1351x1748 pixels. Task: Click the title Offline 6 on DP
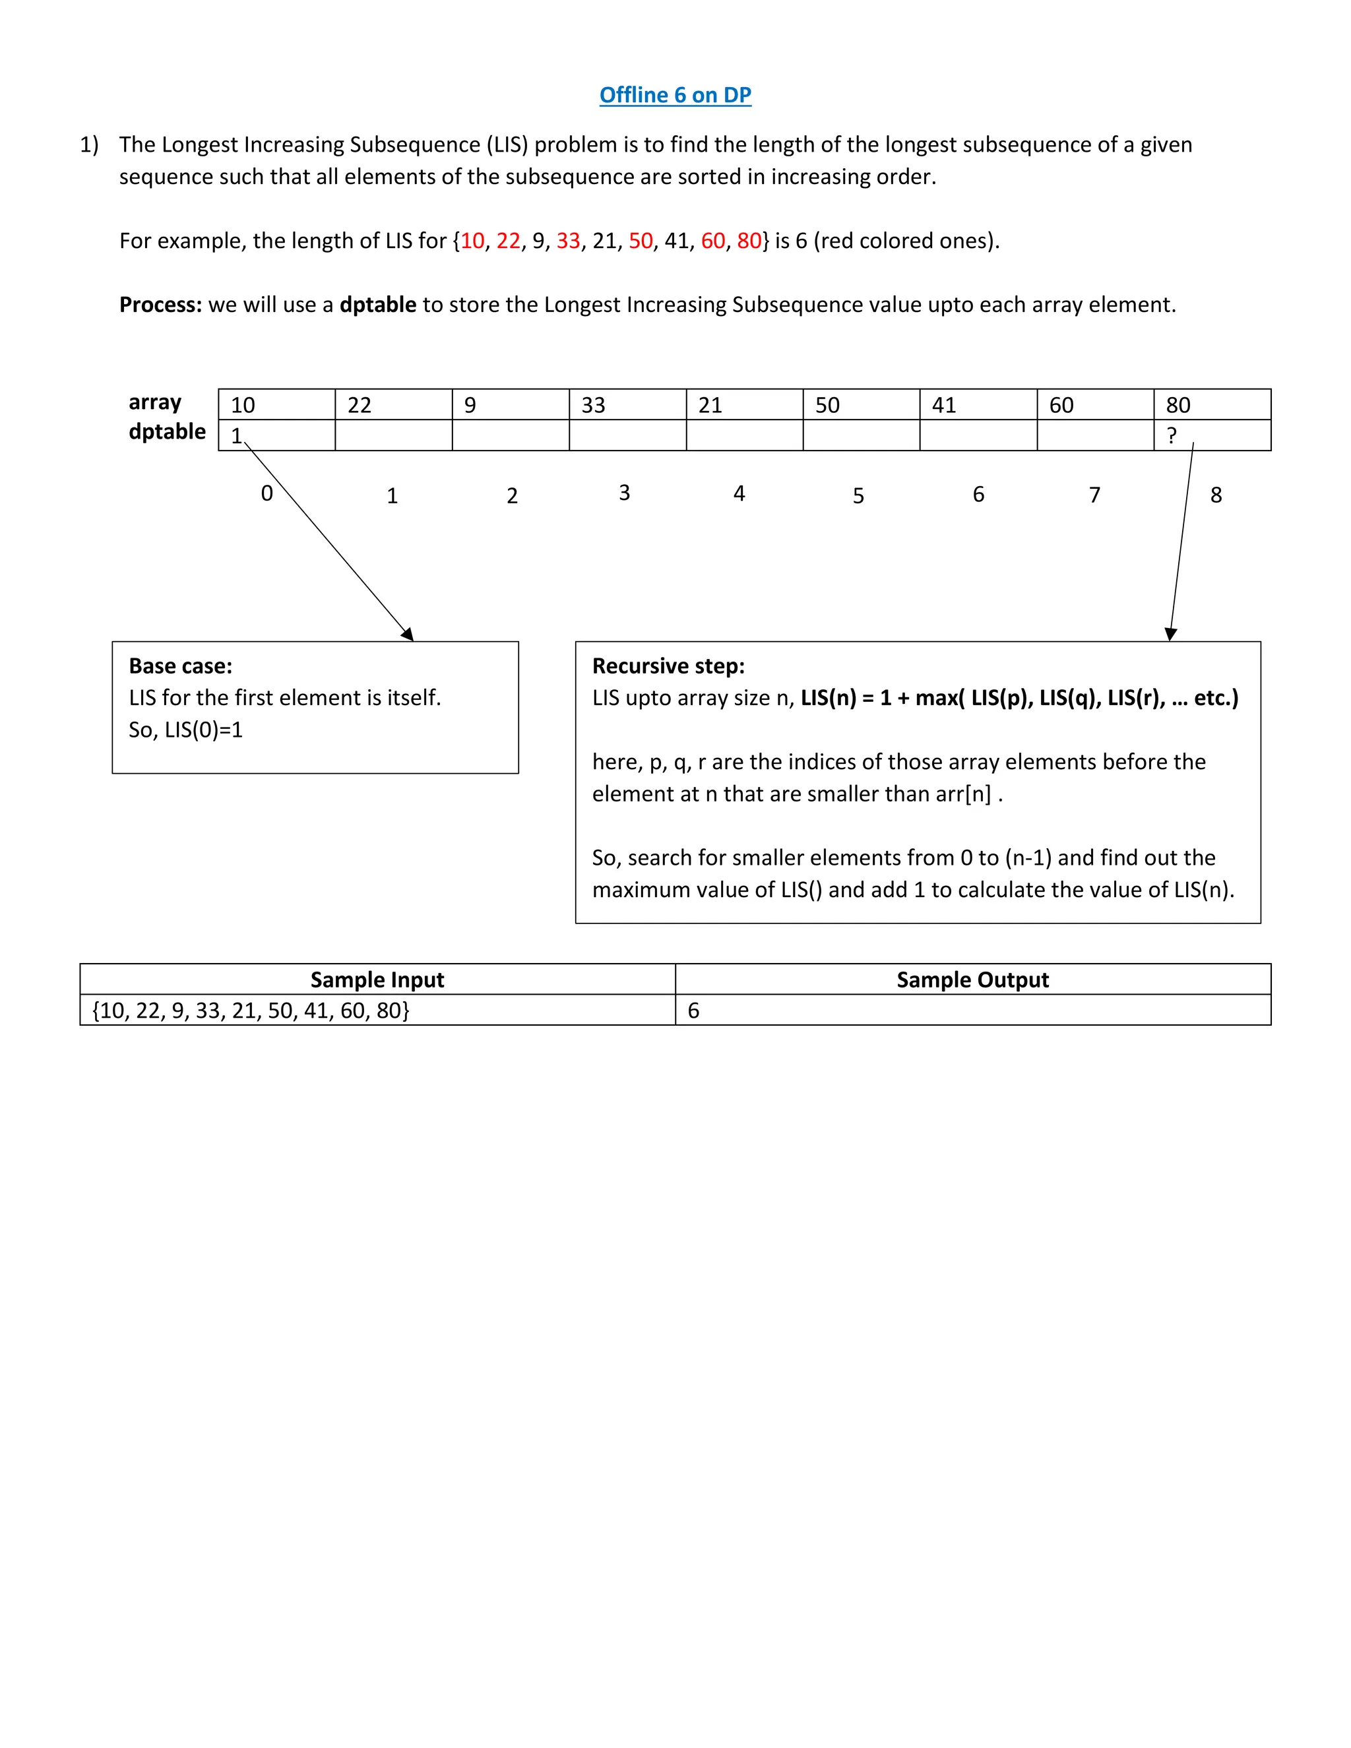675,95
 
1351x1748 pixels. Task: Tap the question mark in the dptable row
1172,436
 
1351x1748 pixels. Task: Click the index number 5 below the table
858,496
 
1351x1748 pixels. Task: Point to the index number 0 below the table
267,493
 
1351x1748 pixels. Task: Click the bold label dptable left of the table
168,431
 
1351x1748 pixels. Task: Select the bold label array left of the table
155,402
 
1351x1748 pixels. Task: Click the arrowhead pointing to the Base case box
408,634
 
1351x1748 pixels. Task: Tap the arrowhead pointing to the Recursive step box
1171,634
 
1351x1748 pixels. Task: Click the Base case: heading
181,666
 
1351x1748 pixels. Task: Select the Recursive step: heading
668,666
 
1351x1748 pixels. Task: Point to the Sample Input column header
377,980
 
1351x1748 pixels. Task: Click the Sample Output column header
972,980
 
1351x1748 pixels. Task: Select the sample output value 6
694,1011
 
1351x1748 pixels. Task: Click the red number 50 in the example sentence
641,241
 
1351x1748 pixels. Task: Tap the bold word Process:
161,305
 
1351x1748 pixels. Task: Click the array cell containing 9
510,405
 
